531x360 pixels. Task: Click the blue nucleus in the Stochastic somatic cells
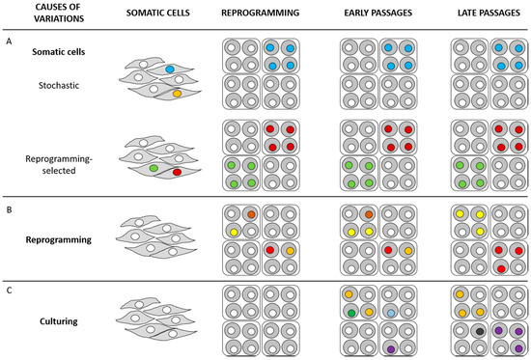[170, 69]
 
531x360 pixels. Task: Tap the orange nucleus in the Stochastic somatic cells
[176, 94]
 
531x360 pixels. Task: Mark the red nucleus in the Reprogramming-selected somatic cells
[177, 171]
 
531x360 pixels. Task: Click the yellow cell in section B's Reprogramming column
[232, 232]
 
